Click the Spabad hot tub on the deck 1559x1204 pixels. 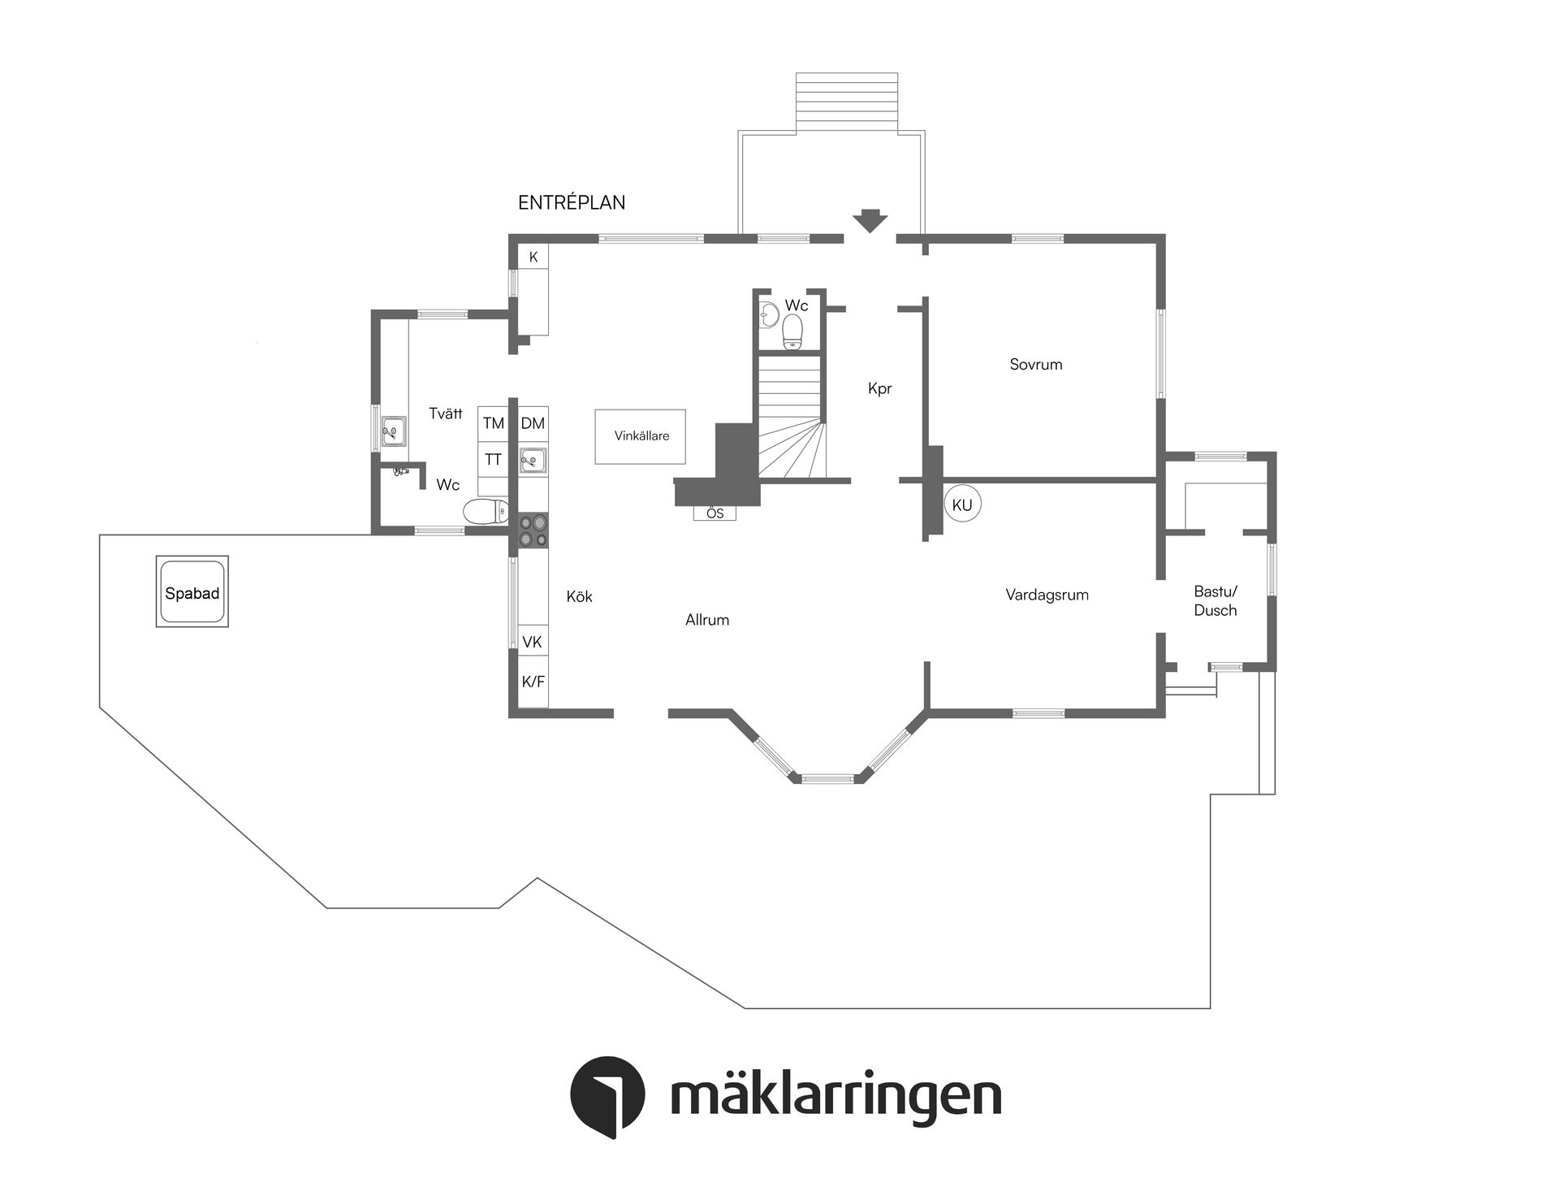[192, 592]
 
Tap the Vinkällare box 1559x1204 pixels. [641, 436]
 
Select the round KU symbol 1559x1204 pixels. [962, 505]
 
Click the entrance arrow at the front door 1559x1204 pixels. [870, 221]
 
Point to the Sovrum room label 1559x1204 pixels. [1035, 365]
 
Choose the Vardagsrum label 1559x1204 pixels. [1047, 596]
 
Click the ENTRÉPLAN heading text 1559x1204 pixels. [572, 203]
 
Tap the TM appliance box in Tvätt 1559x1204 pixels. [493, 423]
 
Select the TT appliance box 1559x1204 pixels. [493, 460]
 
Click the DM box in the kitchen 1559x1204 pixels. [533, 423]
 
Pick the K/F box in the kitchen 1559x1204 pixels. [533, 682]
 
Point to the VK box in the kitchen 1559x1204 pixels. [532, 643]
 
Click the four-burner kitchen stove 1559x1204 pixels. [533, 530]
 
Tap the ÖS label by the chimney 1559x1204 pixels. [715, 513]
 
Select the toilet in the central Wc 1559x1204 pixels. [792, 331]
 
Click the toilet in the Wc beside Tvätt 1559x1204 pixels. [485, 512]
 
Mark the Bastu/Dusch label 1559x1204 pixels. [1216, 601]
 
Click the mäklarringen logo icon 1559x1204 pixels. [607, 1093]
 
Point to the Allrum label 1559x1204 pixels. [707, 621]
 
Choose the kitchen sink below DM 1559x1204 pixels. [533, 461]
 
